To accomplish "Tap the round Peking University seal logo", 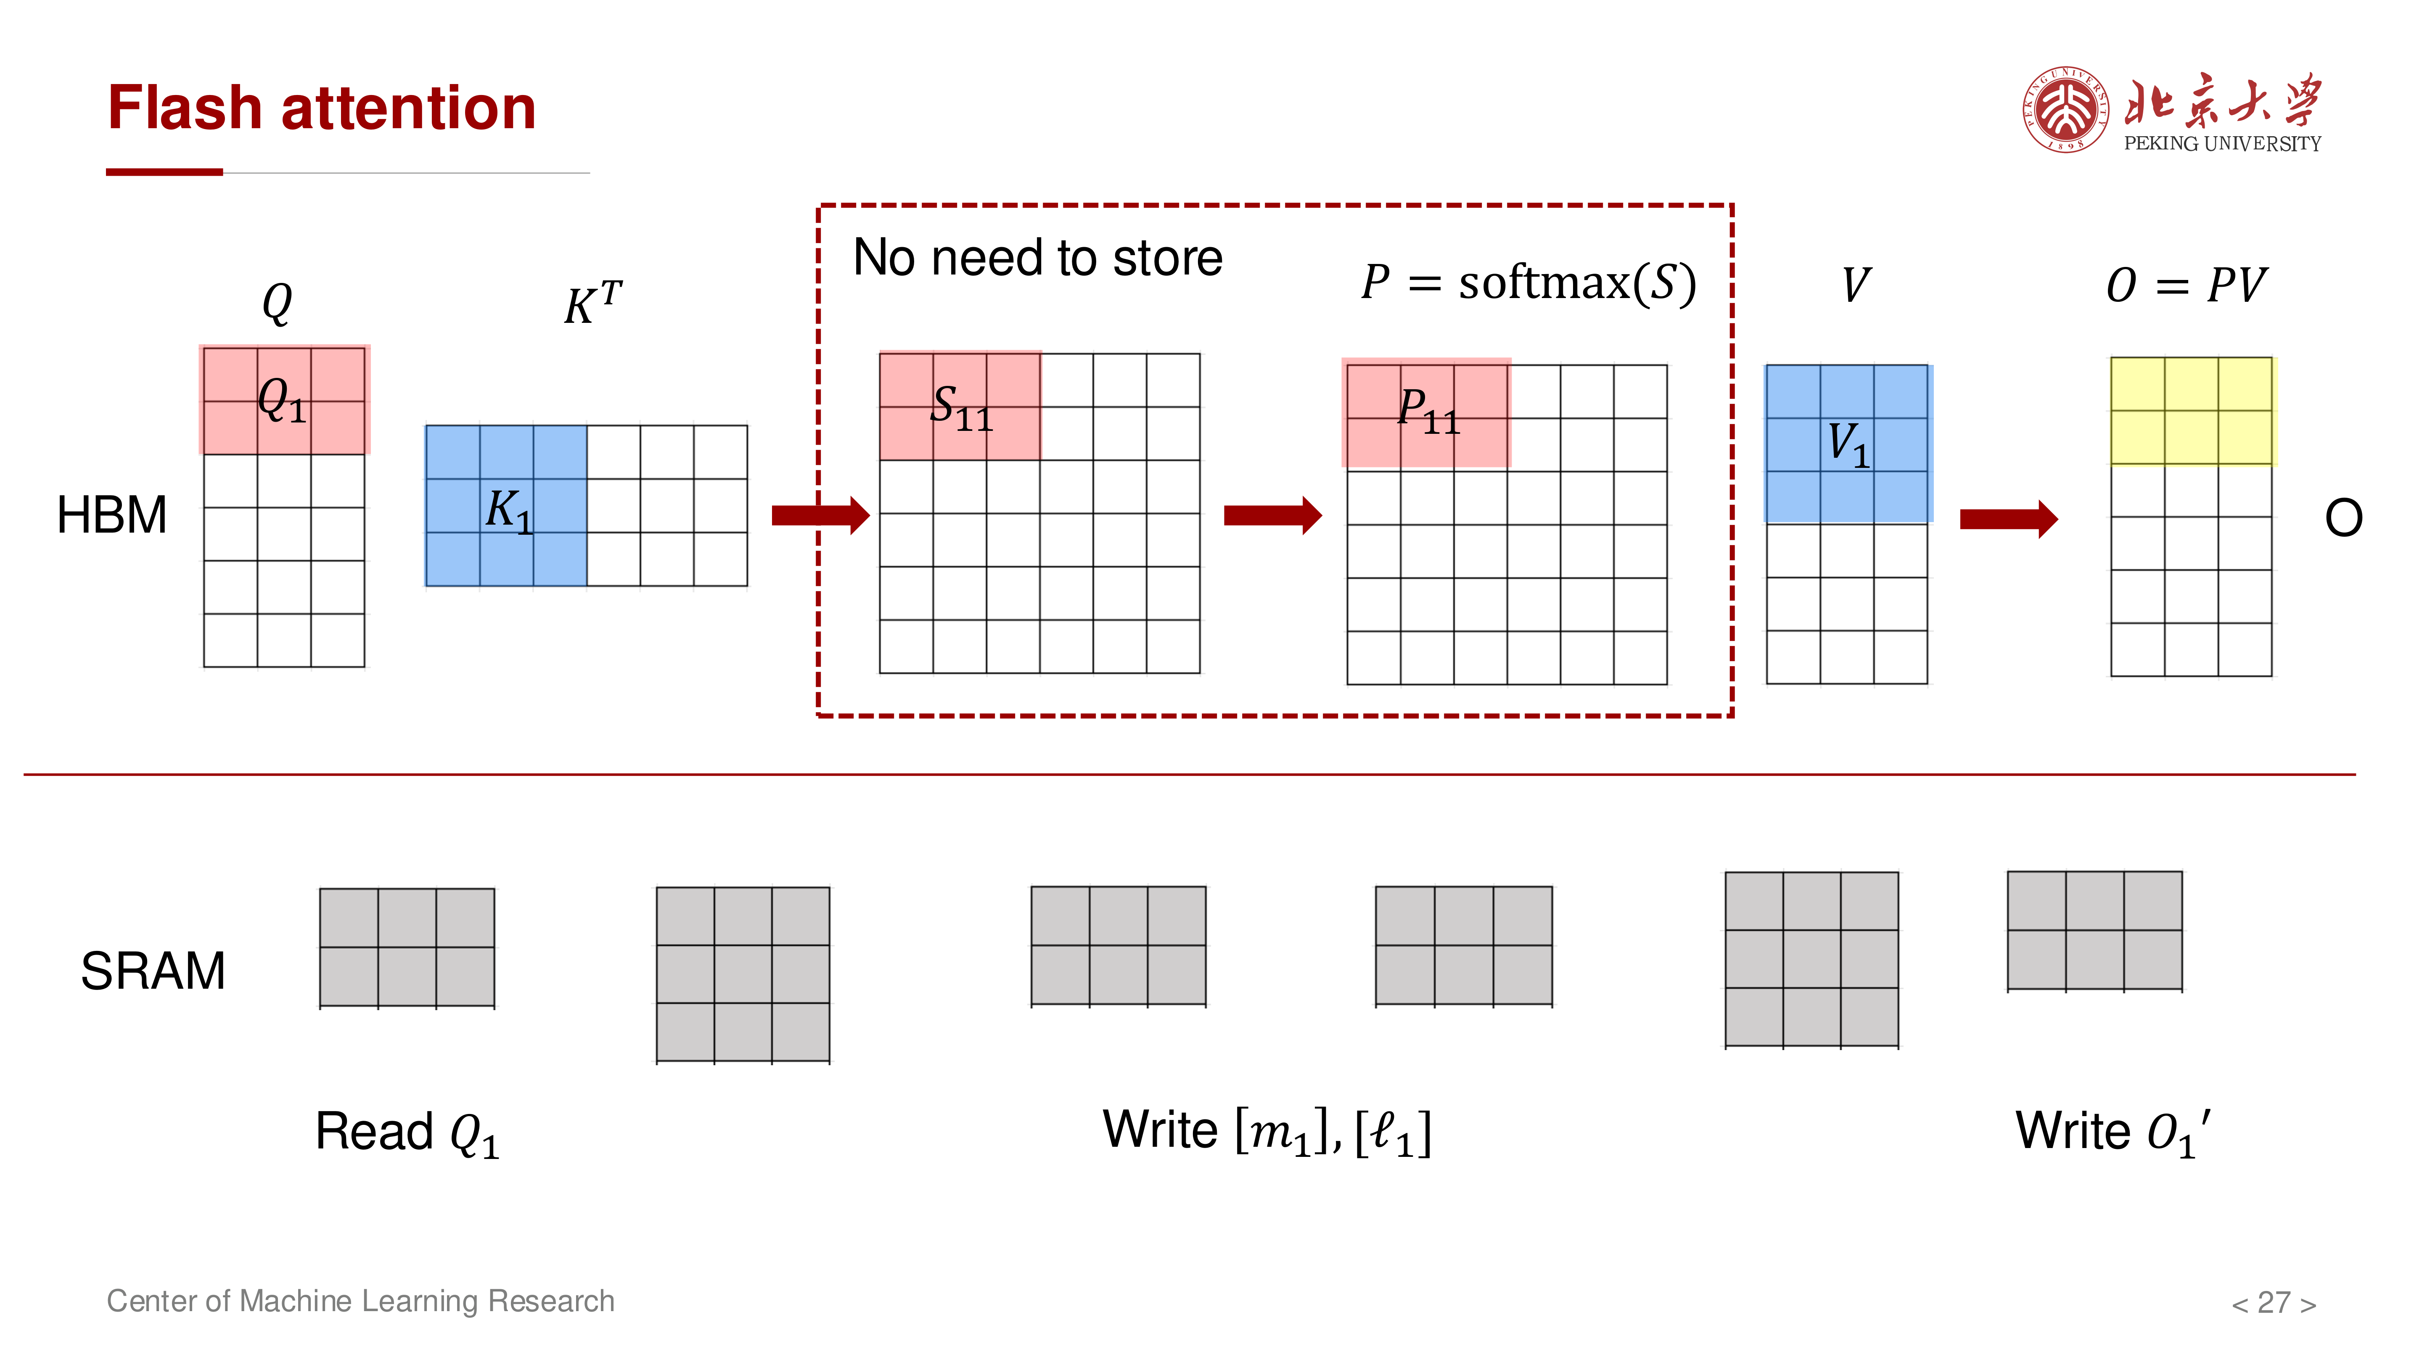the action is point(2066,109).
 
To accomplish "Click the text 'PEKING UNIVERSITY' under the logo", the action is point(2223,144).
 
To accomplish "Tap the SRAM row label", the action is point(153,971).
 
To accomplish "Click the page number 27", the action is point(2274,1303).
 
